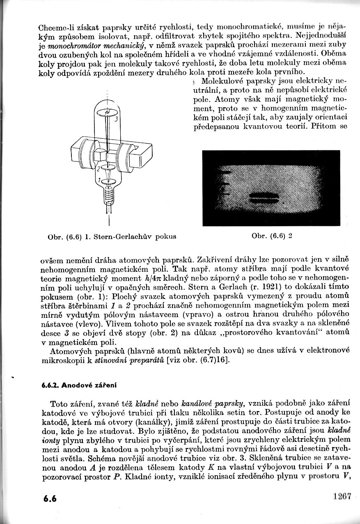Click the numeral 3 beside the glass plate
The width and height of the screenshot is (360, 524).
(117, 119)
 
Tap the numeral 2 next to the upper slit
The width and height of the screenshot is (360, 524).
(98, 168)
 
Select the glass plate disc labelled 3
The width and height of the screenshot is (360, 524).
(108, 111)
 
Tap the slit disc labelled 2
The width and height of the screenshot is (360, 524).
(108, 168)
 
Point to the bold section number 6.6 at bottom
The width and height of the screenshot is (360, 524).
(50, 499)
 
